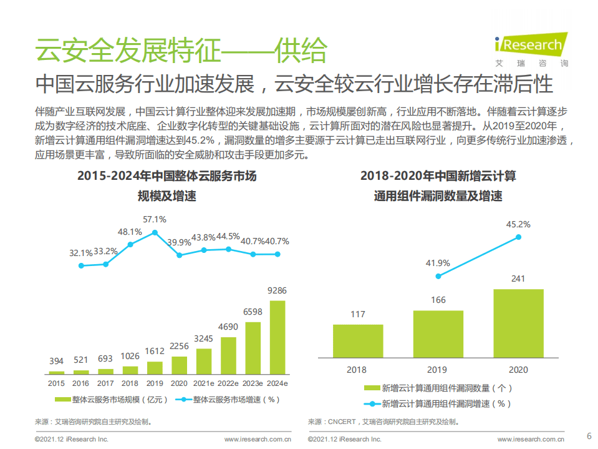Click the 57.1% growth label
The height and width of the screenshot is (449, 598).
tap(155, 219)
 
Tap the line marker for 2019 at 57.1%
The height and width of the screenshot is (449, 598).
tap(155, 232)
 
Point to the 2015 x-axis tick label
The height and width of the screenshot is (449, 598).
tap(57, 382)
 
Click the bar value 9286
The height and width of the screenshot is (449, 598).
tap(277, 290)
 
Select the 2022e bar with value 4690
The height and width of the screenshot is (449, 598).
tap(228, 354)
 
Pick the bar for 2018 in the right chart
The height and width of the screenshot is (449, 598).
tap(358, 341)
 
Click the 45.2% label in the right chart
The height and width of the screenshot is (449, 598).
tap(518, 224)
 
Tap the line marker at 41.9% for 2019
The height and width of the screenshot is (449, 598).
tap(438, 276)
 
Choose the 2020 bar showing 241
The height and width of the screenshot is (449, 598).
tap(518, 323)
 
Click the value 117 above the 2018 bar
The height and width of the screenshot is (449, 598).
tap(358, 314)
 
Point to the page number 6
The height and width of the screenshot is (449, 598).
tap(589, 436)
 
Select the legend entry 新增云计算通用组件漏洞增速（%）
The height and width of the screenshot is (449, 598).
tap(446, 403)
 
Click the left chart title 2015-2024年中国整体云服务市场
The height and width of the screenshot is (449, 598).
tap(166, 176)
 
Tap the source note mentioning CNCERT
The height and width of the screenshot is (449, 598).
tap(385, 422)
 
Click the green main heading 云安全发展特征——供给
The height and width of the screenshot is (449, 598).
tap(181, 51)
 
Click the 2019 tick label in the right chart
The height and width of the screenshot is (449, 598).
tap(438, 370)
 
